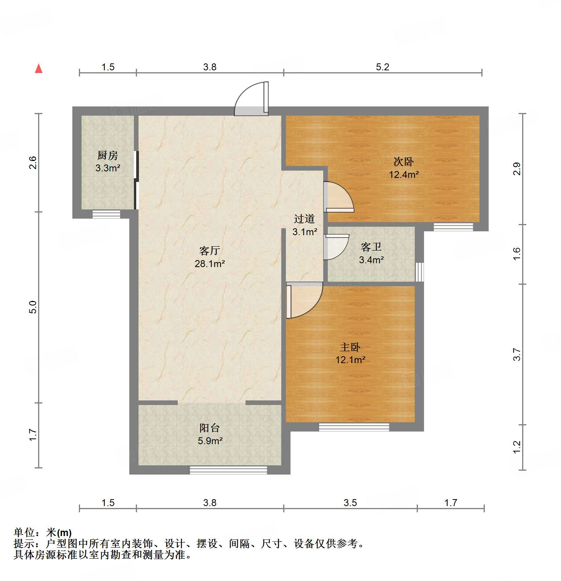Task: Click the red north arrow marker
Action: tap(38, 68)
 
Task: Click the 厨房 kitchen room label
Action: tap(107, 155)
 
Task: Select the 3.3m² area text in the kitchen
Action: tap(108, 168)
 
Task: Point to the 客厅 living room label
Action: tap(210, 251)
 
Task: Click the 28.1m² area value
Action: tap(210, 264)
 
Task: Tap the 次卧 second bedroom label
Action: tap(404, 161)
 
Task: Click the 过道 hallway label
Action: tap(304, 219)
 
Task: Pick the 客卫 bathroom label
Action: tap(371, 247)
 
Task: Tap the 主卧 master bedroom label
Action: tap(350, 347)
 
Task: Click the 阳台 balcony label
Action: tap(210, 428)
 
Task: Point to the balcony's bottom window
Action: tap(228, 470)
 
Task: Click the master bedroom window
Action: tap(354, 427)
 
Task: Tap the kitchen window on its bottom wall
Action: tap(106, 214)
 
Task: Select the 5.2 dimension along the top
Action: tap(382, 67)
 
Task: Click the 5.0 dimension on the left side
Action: tap(33, 307)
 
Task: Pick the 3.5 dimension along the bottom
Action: tap(350, 503)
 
